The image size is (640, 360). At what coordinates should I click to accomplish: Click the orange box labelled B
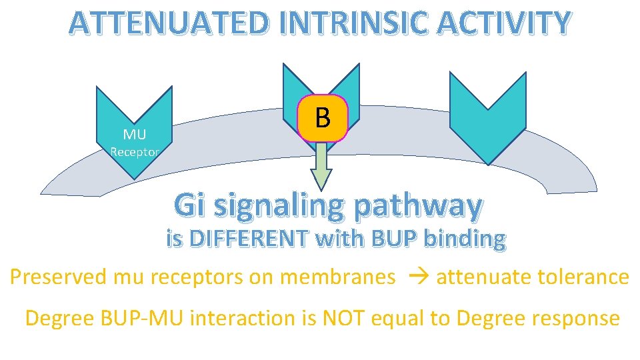coord(323,118)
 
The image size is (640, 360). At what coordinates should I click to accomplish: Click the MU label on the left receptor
coord(134,135)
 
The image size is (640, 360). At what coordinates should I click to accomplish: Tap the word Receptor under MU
coord(134,152)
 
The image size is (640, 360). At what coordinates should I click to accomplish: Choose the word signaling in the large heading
coord(283,207)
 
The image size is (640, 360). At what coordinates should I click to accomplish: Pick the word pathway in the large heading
coord(419,207)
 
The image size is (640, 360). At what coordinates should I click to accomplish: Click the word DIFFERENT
coord(255,238)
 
